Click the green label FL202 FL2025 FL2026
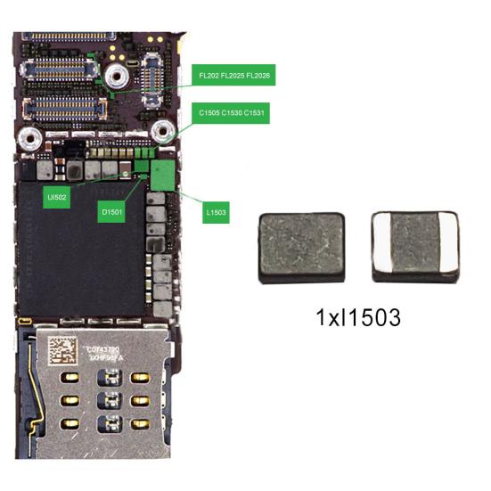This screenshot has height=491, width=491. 235,77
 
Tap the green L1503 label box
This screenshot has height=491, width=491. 216,212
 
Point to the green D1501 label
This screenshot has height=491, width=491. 113,212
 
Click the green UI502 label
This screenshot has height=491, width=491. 56,196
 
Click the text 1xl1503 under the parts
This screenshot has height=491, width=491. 356,316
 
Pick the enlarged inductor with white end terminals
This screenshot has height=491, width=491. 414,247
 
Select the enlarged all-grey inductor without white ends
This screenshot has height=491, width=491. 300,247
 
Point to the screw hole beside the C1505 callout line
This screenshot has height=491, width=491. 162,133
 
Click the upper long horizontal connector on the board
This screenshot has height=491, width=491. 61,69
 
